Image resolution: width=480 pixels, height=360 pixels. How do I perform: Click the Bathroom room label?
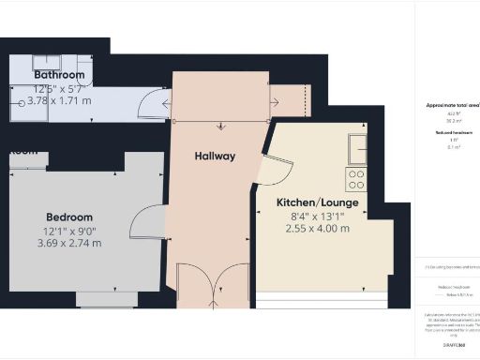coord(59,75)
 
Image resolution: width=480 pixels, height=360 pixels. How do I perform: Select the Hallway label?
coord(215,156)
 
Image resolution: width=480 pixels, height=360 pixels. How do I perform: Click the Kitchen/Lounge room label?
coord(317,202)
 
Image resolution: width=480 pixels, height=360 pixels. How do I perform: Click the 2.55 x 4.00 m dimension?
coord(318,229)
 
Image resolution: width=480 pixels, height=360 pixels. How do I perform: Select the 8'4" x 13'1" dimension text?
coord(318,216)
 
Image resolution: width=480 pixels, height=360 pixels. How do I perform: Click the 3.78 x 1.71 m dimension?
coord(59,99)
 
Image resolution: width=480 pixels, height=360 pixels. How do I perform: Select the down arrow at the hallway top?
coord(221,126)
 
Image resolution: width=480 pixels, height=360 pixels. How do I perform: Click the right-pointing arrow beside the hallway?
coord(277,102)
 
